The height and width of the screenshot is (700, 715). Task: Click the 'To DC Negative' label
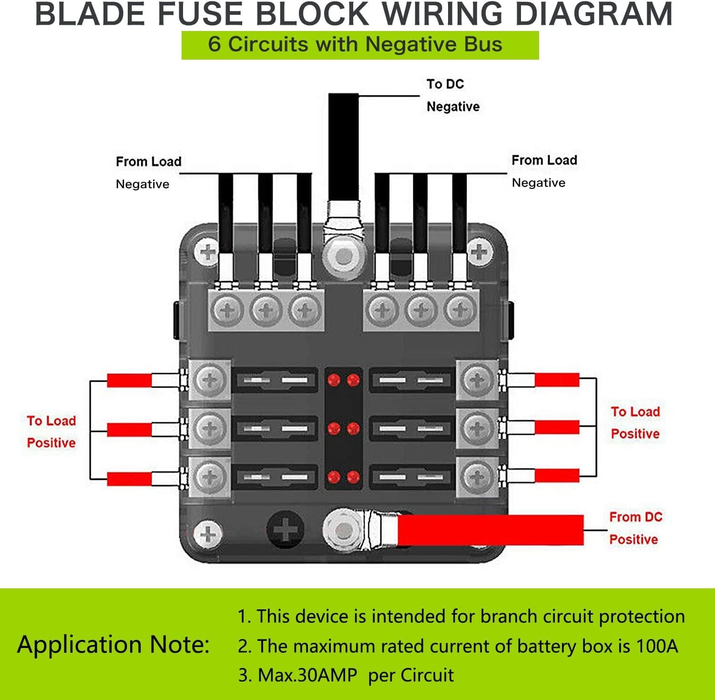452,95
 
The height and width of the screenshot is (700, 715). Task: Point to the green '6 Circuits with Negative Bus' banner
360,45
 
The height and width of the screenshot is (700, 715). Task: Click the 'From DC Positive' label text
635,528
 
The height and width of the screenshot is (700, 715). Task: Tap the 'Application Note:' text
113,645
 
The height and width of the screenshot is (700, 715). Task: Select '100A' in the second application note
657,646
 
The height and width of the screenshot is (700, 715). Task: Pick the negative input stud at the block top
344,257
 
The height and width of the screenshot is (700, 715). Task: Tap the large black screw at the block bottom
286,530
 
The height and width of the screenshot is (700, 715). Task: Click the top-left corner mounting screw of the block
208,251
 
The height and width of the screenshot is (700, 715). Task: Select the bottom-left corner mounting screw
208,533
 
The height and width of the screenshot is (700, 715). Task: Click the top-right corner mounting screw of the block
480,251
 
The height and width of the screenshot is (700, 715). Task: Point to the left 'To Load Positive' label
51,432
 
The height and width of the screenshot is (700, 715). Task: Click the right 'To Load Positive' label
635,423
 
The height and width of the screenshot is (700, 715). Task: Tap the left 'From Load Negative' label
148,172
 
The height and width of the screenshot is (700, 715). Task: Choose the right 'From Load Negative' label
544,171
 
